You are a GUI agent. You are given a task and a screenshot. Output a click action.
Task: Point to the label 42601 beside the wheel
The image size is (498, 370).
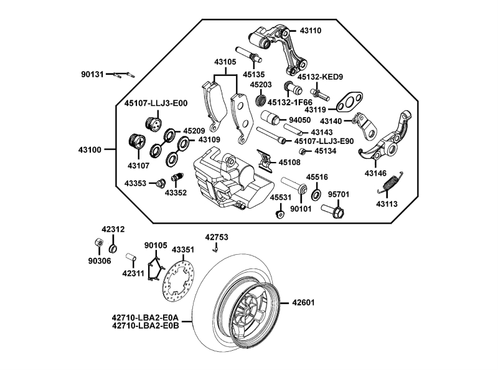pos(303,303)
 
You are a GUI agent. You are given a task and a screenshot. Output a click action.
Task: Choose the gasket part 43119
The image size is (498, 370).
pos(352,100)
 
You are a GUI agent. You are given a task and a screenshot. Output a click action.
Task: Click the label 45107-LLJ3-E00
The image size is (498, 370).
pos(156,104)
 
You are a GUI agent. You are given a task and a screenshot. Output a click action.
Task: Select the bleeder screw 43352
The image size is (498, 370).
pos(177,179)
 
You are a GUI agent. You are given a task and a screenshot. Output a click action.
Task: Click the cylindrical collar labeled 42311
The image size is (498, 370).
pos(131,257)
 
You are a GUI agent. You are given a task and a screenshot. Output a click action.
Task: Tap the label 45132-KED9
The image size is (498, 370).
pos(320,77)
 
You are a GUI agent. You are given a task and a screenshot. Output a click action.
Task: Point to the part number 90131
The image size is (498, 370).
pos(93,74)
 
